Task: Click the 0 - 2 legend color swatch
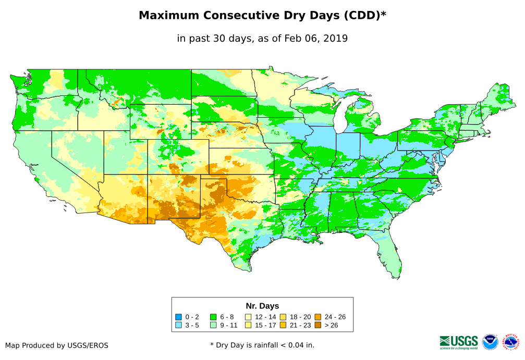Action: (179, 317)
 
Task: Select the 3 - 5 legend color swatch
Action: (179, 326)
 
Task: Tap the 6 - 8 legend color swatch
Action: (214, 317)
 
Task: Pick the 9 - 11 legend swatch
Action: (214, 326)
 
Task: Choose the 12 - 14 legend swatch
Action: (249, 317)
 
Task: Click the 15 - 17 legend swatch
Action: (249, 326)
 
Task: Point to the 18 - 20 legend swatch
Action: (283, 317)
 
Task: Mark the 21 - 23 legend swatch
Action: (283, 326)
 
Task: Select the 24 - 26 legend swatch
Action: (318, 317)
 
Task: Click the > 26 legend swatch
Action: (318, 326)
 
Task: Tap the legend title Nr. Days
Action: (262, 306)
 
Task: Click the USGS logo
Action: (459, 341)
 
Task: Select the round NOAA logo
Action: (490, 342)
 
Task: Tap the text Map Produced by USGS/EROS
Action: (57, 345)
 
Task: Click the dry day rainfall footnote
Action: (262, 345)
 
